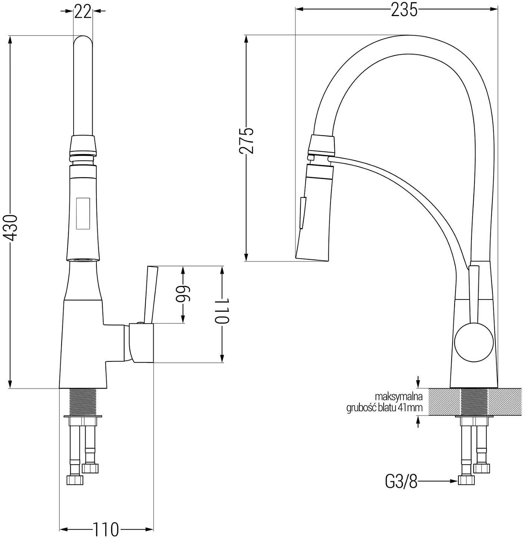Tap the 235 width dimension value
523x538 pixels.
[404, 10]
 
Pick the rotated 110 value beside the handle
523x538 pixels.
[222, 311]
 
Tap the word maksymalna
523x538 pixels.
[398, 396]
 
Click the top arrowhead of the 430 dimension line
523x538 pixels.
[10, 40]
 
